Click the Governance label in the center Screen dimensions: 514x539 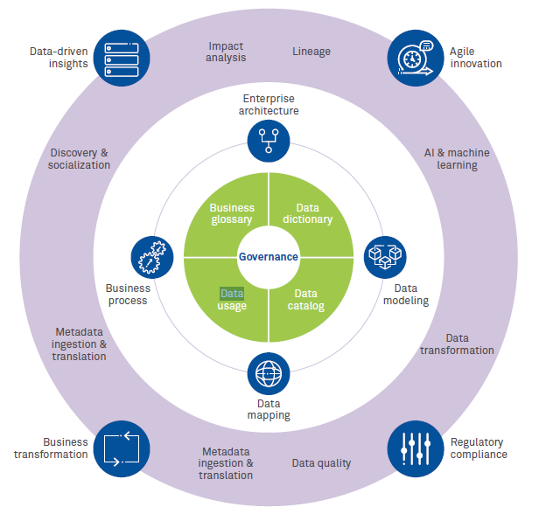click(269, 257)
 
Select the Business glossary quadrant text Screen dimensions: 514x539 click(232, 213)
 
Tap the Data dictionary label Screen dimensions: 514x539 click(307, 213)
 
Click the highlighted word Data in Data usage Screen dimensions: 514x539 click(232, 294)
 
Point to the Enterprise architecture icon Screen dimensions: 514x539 click(269, 140)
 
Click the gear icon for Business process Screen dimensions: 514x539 click(151, 258)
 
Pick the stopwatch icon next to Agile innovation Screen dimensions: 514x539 click(413, 55)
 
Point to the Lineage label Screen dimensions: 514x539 click(311, 52)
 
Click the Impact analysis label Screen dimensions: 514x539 click(227, 52)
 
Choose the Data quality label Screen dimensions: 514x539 click(321, 463)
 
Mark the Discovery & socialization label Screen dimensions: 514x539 click(79, 158)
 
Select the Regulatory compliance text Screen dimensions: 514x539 click(479, 448)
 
